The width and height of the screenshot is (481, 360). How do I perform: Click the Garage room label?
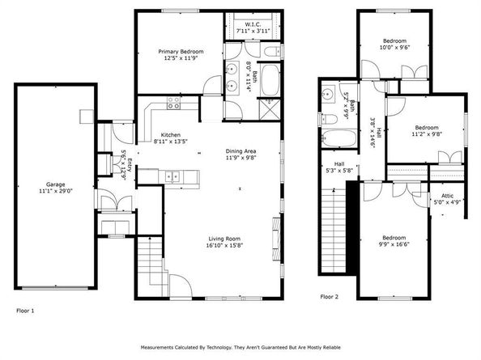[55, 187]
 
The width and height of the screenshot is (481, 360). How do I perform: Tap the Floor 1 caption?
[26, 310]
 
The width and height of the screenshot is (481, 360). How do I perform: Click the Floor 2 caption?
[330, 297]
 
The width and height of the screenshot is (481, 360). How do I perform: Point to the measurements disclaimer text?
[240, 346]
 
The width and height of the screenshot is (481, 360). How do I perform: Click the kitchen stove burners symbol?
[172, 103]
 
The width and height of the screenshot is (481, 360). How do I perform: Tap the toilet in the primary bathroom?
[273, 51]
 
